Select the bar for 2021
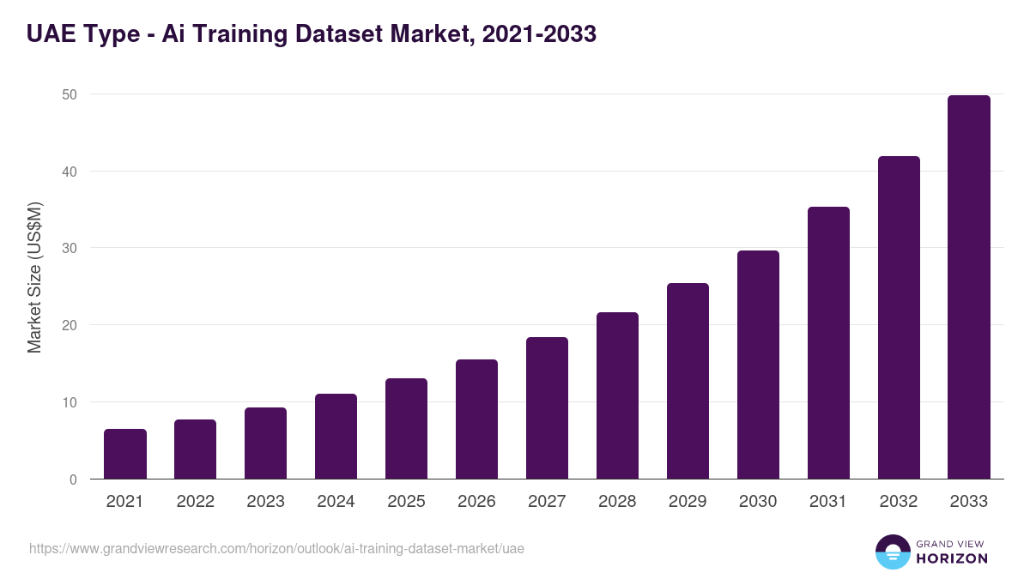point(125,454)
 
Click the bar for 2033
point(969,287)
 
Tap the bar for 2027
point(547,408)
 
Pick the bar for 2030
point(758,365)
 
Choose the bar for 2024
point(336,437)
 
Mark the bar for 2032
point(899,317)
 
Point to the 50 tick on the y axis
point(68,94)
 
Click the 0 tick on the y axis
point(72,479)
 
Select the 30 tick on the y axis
point(68,249)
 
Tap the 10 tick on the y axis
point(68,402)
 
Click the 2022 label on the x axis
point(196,502)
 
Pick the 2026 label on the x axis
point(476,502)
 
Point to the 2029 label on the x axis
point(688,502)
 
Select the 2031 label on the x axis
point(828,502)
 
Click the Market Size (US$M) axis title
point(34,277)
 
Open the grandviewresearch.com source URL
point(276,549)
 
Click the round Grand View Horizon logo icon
point(892,552)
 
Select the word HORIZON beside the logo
point(951,558)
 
